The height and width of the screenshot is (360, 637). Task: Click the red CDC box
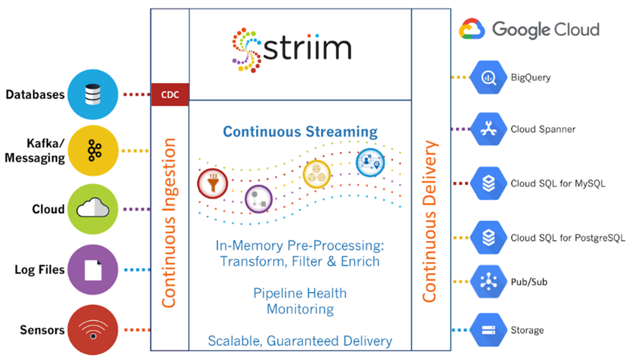tap(169, 95)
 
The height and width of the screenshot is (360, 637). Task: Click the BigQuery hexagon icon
tap(489, 77)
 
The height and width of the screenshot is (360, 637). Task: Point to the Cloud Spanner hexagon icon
tap(489, 129)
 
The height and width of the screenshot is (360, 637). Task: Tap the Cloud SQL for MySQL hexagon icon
tap(489, 183)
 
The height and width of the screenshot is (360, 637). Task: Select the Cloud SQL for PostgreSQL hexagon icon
tap(489, 238)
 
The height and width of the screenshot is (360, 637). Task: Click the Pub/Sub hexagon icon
tap(489, 281)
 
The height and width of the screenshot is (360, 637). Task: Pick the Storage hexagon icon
tap(489, 330)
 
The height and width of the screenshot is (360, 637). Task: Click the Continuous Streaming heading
tap(299, 131)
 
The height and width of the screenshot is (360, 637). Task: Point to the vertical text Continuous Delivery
tap(429, 222)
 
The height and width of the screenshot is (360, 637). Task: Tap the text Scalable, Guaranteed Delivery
tap(299, 341)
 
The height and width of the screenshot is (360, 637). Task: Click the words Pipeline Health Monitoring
tap(299, 301)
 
